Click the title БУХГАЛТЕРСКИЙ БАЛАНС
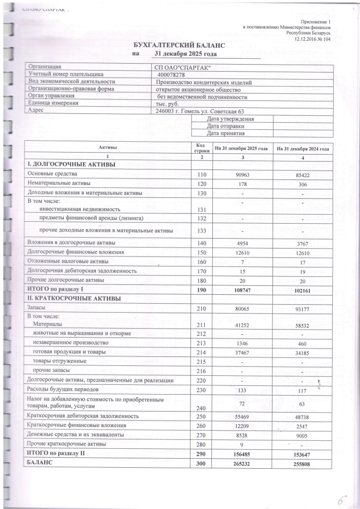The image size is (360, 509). coord(180,45)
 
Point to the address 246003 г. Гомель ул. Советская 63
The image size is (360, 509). coord(199,111)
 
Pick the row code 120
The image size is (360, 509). coord(201,183)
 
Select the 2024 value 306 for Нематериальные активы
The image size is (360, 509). coord(303,183)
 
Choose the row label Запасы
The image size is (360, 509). coord(38,309)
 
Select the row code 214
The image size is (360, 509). coord(201,353)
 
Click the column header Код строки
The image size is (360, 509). coord(201,148)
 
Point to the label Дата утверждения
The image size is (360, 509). coord(230,119)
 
